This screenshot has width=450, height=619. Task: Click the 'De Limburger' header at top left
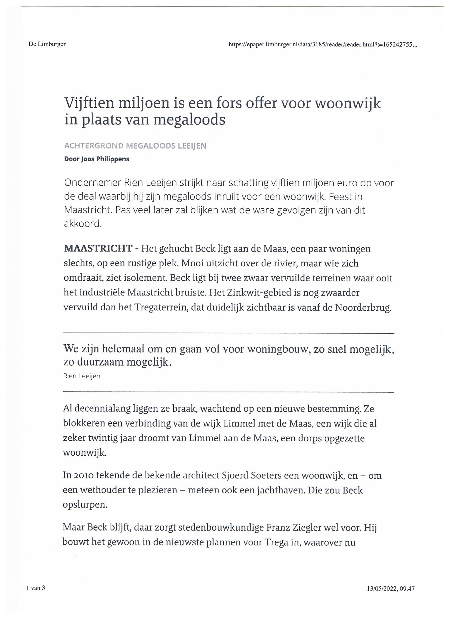click(47, 44)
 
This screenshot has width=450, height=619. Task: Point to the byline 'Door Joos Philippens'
click(97, 159)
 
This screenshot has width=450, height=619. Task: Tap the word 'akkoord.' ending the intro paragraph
click(82, 224)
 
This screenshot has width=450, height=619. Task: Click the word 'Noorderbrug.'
click(363, 308)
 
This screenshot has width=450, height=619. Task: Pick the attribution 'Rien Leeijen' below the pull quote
click(82, 376)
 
